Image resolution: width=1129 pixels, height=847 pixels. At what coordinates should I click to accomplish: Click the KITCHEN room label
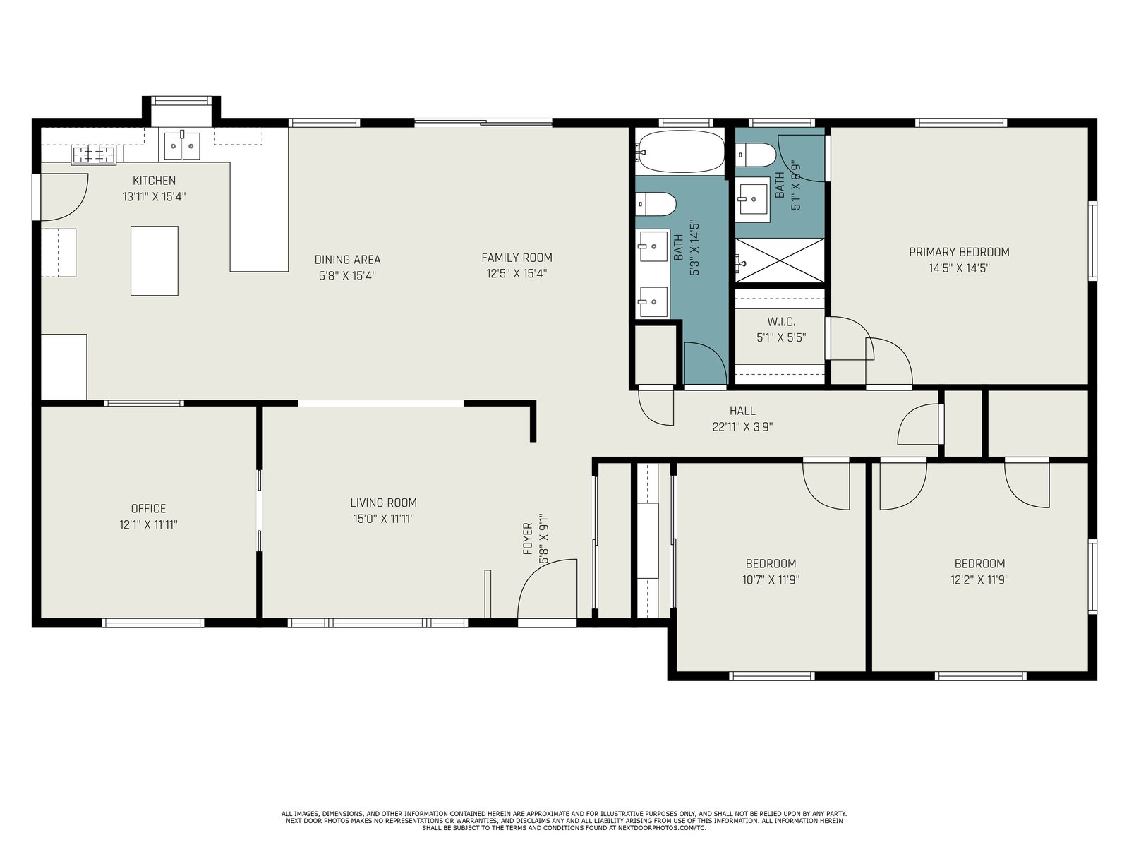click(154, 181)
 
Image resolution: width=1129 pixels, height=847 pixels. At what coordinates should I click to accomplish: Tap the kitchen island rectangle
click(155, 260)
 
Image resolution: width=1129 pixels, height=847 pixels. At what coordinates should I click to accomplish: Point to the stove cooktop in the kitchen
click(94, 155)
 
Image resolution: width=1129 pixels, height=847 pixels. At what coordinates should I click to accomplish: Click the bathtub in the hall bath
click(680, 151)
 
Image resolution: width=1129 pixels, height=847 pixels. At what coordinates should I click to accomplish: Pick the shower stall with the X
click(780, 260)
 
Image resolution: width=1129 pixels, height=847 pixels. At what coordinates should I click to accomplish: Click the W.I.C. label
click(781, 322)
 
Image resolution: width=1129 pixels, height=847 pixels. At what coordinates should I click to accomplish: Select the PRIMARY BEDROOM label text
click(959, 252)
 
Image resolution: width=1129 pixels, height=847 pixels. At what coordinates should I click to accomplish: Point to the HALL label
click(742, 410)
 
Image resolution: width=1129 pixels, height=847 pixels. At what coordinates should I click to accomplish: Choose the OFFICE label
click(149, 509)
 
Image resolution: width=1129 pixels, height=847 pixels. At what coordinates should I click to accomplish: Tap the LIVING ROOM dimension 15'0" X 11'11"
click(384, 519)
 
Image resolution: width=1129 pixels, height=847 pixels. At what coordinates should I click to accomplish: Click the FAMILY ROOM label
click(517, 258)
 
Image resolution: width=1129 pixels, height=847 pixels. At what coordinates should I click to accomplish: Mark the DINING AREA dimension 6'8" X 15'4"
click(347, 276)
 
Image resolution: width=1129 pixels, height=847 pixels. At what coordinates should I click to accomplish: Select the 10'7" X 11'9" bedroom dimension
click(771, 579)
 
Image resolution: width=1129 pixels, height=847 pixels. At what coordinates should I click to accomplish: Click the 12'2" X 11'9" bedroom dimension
click(979, 579)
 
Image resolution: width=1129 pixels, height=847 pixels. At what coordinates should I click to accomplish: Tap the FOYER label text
click(528, 539)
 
